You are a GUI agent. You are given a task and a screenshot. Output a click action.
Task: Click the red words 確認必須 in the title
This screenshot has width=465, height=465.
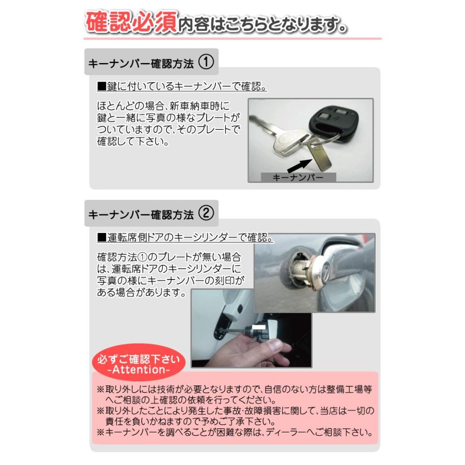pyautogui.click(x=132, y=23)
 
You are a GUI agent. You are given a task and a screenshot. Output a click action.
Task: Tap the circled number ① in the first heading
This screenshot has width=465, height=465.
pyautogui.click(x=206, y=63)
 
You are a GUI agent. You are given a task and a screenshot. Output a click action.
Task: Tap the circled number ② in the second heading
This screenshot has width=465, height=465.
pyautogui.click(x=206, y=212)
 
